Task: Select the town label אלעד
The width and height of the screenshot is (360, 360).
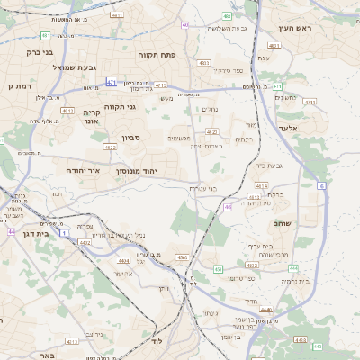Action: (311, 129)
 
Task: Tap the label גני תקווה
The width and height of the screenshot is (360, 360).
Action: (120, 106)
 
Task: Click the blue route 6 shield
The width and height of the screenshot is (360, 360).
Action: (322, 185)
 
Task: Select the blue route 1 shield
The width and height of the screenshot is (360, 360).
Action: (64, 233)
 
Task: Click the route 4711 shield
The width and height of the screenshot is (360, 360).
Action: (310, 103)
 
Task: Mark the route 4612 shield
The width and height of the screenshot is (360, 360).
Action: (68, 111)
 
